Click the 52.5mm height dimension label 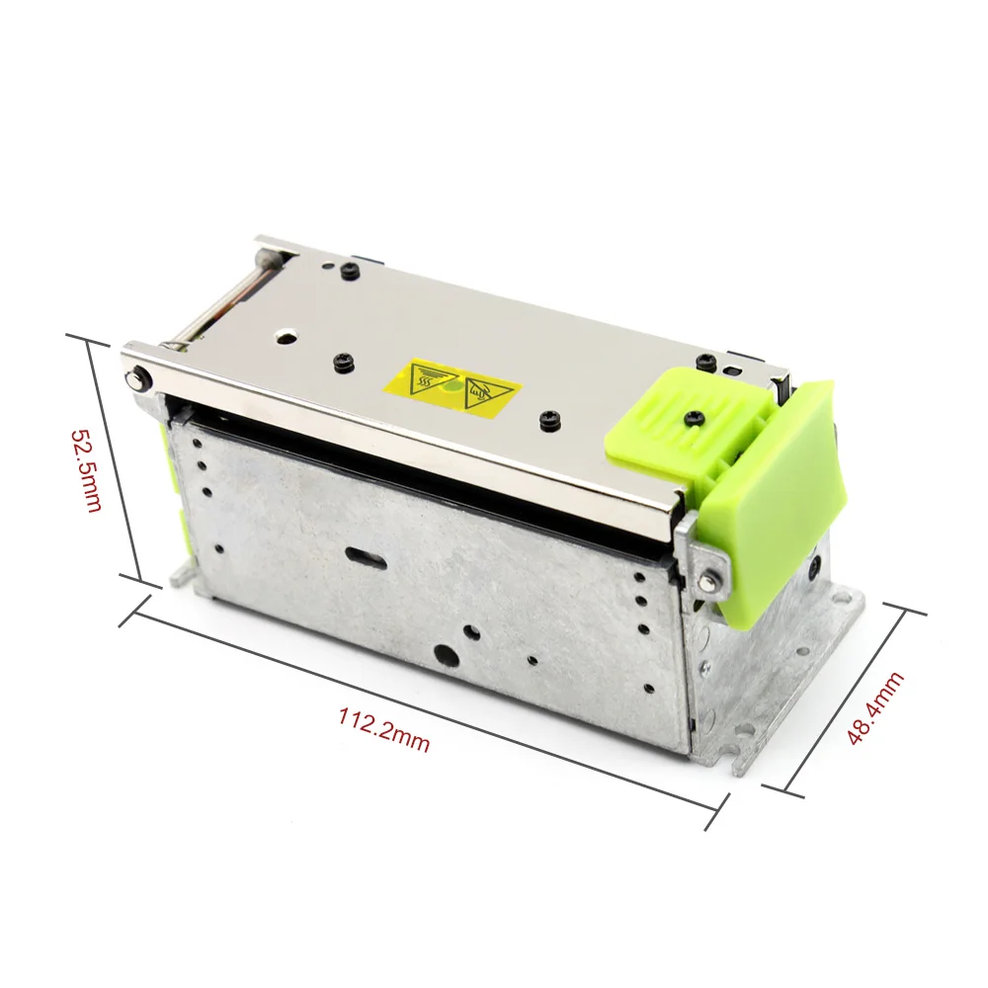(86, 470)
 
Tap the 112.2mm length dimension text (385, 730)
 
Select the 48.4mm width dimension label (874, 708)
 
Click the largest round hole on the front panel (449, 655)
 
